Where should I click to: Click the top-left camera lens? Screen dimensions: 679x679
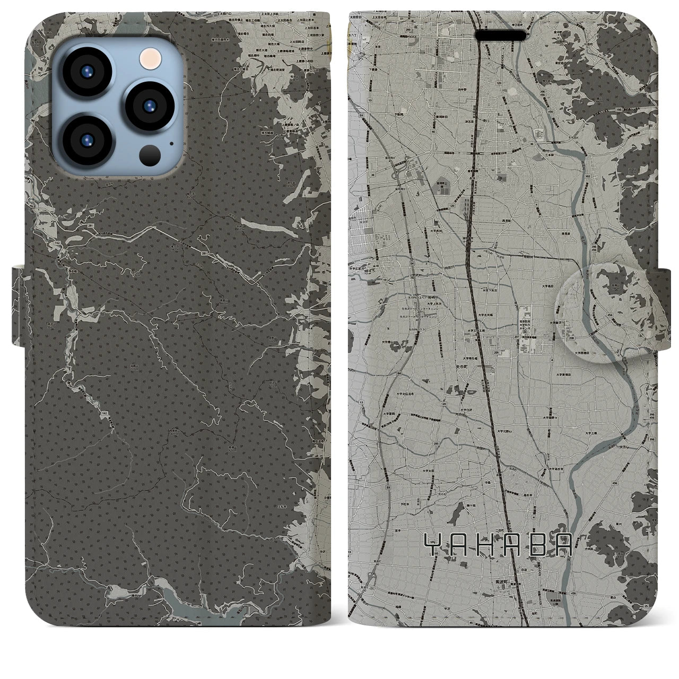tap(88, 74)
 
